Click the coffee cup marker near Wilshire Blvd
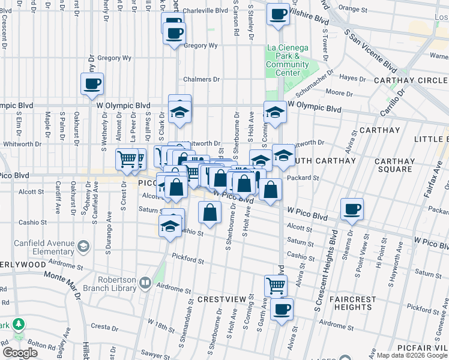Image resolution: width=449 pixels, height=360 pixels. (x=278, y=14)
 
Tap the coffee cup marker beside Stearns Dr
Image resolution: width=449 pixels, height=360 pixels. (x=352, y=209)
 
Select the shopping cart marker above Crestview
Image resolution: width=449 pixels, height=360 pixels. (x=276, y=286)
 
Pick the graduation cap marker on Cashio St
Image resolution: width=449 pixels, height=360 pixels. (x=170, y=226)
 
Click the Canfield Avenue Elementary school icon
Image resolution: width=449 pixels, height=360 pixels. (x=83, y=246)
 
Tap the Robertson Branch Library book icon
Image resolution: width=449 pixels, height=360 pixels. (x=145, y=282)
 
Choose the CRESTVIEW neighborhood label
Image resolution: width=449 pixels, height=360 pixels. (x=219, y=299)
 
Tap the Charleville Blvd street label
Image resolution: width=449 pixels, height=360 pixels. (x=206, y=10)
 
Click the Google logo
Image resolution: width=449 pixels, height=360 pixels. (x=20, y=353)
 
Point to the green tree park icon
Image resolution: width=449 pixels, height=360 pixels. (x=19, y=324)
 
